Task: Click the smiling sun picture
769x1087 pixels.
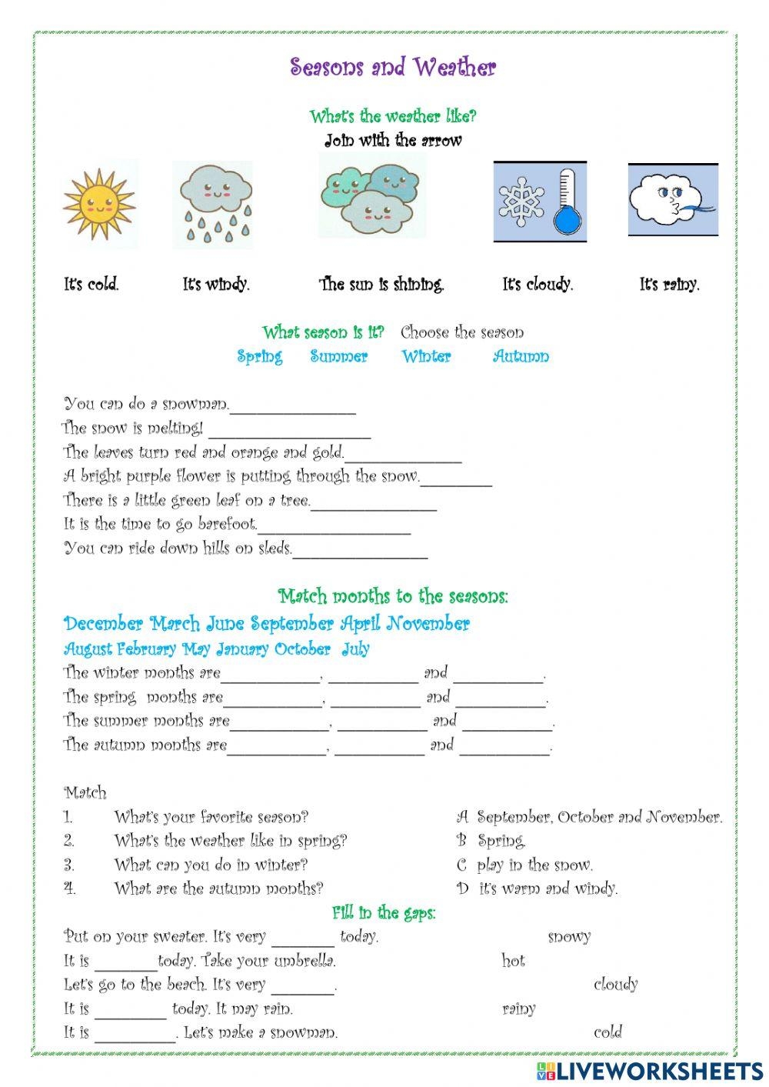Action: [99, 204]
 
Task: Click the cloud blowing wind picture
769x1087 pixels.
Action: [673, 199]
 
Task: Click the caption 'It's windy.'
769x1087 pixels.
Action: [216, 285]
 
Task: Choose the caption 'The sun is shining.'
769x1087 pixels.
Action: [382, 285]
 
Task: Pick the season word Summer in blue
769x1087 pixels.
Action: [339, 357]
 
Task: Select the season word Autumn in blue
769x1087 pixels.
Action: [521, 357]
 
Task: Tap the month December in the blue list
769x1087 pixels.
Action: [103, 624]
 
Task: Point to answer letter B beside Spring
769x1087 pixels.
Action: [461, 841]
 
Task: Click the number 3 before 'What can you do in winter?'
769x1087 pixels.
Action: [69, 865]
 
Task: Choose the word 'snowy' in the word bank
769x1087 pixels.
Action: [569, 937]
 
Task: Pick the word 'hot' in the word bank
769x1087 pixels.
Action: [513, 961]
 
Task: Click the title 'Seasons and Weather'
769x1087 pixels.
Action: [393, 68]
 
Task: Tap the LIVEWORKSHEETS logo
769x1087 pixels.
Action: [650, 1070]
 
